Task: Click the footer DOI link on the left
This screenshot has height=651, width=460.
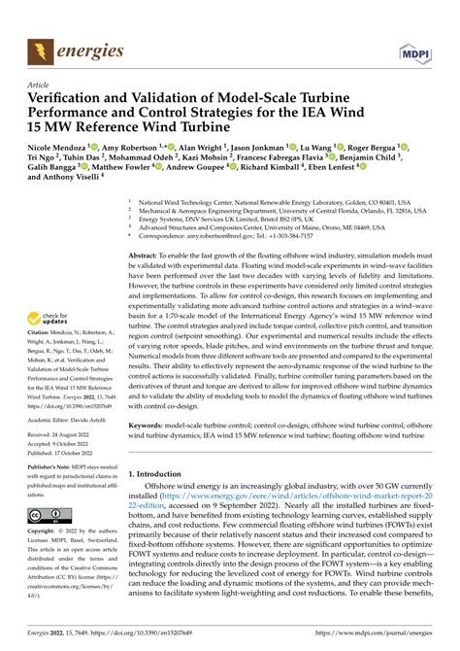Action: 130,640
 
